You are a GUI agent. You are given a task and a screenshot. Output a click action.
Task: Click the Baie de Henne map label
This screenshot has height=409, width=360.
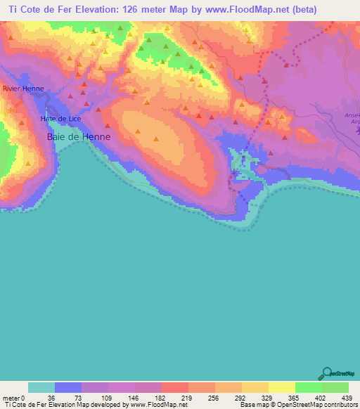coord(78,136)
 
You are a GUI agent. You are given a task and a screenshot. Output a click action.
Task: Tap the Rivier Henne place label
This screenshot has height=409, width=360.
coord(23,89)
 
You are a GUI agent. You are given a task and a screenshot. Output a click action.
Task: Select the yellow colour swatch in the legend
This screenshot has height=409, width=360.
coord(282,387)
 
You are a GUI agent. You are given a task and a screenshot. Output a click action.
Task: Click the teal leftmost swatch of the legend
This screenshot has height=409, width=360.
coord(41,387)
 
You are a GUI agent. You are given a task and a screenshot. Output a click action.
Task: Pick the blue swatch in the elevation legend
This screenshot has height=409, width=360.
coord(68,387)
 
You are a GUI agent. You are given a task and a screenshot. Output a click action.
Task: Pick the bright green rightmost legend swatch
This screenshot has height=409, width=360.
coord(335,387)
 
